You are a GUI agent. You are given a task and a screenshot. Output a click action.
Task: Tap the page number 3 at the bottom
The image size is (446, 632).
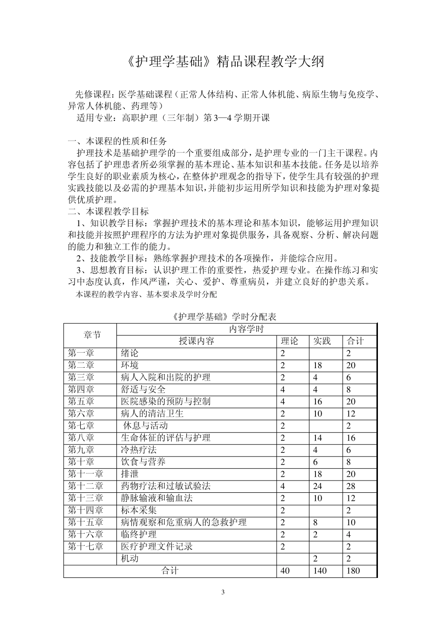pos(223,592)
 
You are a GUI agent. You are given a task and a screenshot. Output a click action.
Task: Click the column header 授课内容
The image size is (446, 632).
pos(196,341)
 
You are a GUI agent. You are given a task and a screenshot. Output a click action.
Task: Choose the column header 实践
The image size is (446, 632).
pos(322,341)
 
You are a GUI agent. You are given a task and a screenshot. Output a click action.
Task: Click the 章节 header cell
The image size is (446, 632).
pos(92,335)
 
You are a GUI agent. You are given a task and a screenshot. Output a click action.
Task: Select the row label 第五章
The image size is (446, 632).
pos(81,401)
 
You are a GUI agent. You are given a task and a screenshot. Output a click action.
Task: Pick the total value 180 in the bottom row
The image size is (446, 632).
pos(353,571)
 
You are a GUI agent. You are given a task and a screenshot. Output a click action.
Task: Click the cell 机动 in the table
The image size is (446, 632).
pos(130,559)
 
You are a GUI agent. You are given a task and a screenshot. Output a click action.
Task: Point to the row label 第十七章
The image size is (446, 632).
pos(85,546)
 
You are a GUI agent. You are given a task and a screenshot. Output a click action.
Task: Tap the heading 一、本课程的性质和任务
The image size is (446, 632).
pos(117,141)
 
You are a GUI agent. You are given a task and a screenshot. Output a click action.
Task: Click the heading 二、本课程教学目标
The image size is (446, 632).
pos(108,212)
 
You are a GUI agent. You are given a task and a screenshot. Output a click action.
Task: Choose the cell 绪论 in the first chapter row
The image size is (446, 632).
pos(130,353)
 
